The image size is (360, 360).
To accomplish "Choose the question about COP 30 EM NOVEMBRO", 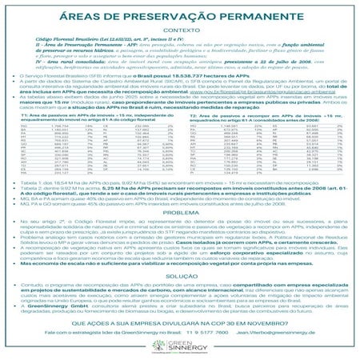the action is pos(179,324).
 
